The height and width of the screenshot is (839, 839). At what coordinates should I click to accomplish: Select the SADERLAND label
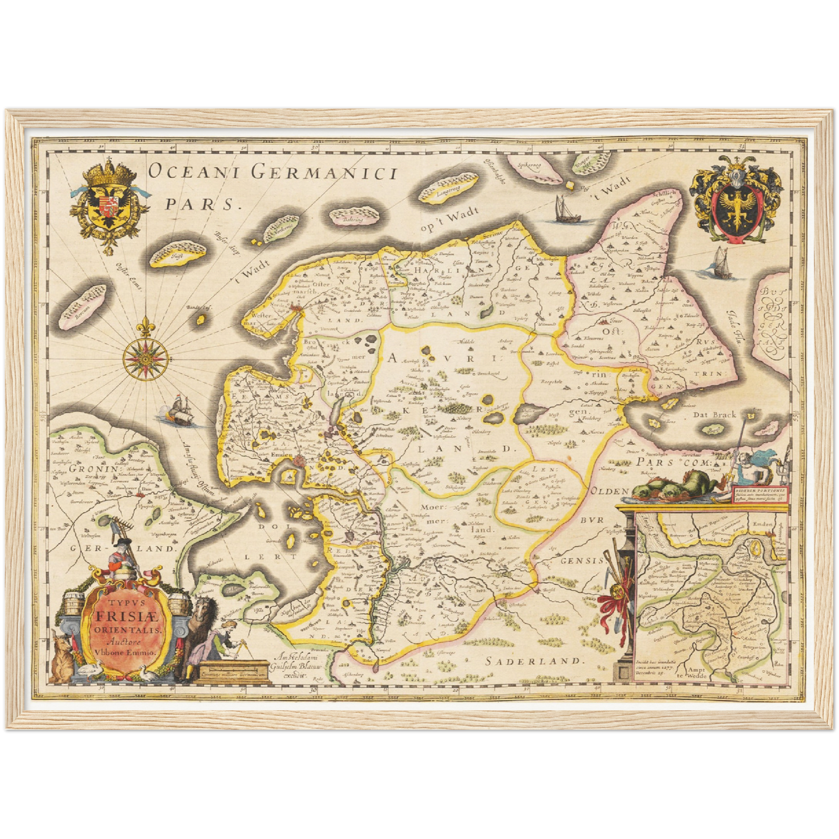point(532,660)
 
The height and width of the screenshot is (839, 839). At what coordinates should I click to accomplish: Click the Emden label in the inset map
point(762,524)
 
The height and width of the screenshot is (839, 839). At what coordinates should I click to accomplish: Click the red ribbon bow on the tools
point(615,607)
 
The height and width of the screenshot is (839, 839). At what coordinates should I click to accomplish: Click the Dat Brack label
point(714,415)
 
